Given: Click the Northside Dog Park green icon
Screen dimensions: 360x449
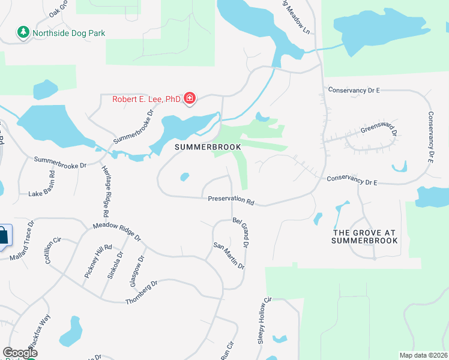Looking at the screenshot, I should point(23,32).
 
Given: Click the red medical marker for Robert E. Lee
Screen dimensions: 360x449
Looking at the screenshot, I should point(190,98).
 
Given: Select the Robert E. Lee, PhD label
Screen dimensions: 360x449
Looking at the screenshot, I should point(146,99).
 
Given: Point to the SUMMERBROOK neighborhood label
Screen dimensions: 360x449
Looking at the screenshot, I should point(208,147).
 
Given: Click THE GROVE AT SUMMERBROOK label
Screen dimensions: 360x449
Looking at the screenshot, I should point(364,236).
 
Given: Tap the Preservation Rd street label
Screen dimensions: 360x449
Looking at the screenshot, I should point(232,200).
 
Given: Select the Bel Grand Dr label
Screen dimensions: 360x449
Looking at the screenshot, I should point(241,233).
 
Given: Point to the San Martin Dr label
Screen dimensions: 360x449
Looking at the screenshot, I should point(228,256).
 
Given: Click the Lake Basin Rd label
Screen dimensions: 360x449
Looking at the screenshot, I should point(47,194).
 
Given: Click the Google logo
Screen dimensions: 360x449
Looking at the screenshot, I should point(20,353).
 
